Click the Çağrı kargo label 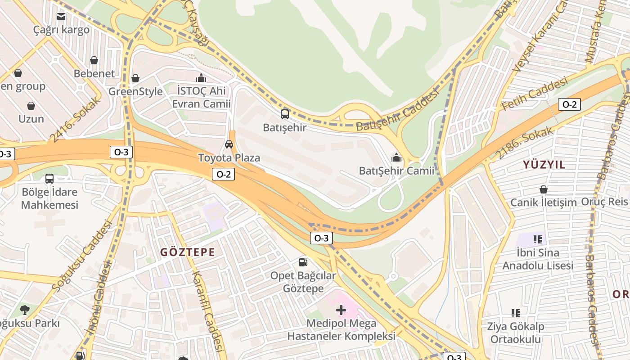click(x=61, y=30)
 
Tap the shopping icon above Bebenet click(x=94, y=60)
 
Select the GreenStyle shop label click(x=135, y=91)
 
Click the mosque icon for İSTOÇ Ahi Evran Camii click(x=201, y=78)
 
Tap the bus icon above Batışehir click(x=284, y=114)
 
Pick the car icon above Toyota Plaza click(x=229, y=144)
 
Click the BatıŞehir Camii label click(x=396, y=171)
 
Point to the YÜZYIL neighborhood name click(x=544, y=165)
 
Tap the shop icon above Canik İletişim click(x=544, y=189)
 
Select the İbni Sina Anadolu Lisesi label click(x=538, y=259)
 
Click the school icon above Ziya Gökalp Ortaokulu click(x=516, y=313)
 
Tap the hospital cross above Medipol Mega click(x=341, y=310)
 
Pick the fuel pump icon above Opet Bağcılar click(x=303, y=262)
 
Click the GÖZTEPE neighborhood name click(x=188, y=252)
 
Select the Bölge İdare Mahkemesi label click(x=50, y=198)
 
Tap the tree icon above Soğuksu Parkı click(x=25, y=310)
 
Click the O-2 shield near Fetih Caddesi click(x=569, y=104)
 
